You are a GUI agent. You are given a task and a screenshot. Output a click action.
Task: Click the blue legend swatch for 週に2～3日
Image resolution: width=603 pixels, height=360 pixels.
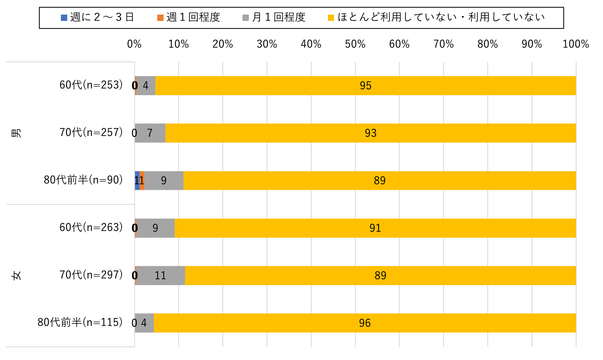[x=64, y=18]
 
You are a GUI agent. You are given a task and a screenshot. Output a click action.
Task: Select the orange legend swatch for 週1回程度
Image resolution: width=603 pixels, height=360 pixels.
[x=160, y=18]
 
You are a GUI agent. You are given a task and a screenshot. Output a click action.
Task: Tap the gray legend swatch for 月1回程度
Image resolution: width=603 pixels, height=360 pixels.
[x=245, y=18]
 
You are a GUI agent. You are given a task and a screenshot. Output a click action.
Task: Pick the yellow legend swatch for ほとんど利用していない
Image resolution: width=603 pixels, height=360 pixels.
[x=331, y=18]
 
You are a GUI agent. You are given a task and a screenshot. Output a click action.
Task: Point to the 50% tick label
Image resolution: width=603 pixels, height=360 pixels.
[x=355, y=44]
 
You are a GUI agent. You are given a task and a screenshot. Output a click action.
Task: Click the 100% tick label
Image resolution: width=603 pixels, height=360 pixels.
[x=575, y=44]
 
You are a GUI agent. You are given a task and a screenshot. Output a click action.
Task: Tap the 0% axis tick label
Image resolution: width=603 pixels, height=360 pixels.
[x=134, y=44]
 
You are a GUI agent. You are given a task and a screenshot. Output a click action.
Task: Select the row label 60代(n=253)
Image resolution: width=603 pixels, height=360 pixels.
[x=91, y=85]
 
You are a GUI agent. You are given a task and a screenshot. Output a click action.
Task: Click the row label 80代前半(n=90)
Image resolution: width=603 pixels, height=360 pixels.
[x=83, y=180]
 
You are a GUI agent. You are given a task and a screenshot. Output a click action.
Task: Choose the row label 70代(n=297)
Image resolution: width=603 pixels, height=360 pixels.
[x=91, y=275]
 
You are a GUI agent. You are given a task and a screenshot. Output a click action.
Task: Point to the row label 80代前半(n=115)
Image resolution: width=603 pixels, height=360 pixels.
[x=80, y=322]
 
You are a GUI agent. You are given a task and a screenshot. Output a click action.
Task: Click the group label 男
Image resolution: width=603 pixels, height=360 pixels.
[x=16, y=133]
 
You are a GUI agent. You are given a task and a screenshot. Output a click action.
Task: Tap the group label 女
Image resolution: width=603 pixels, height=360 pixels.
[x=16, y=275]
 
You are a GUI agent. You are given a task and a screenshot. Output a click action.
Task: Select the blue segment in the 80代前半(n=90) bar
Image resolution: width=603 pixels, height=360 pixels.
[x=137, y=180]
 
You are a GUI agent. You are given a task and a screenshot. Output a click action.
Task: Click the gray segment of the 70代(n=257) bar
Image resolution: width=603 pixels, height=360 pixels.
[x=150, y=133]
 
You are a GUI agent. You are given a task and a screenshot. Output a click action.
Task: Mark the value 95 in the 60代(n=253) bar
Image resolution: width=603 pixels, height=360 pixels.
[x=366, y=86]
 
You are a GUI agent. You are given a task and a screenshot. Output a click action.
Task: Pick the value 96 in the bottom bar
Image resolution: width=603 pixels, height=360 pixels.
[x=365, y=323]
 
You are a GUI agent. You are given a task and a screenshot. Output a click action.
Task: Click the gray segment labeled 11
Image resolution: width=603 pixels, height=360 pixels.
[x=160, y=275]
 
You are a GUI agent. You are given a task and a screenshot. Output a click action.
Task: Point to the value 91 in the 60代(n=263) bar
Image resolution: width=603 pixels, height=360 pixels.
[x=375, y=228]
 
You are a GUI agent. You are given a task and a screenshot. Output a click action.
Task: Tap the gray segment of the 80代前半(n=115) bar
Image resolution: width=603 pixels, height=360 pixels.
[x=144, y=323]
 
